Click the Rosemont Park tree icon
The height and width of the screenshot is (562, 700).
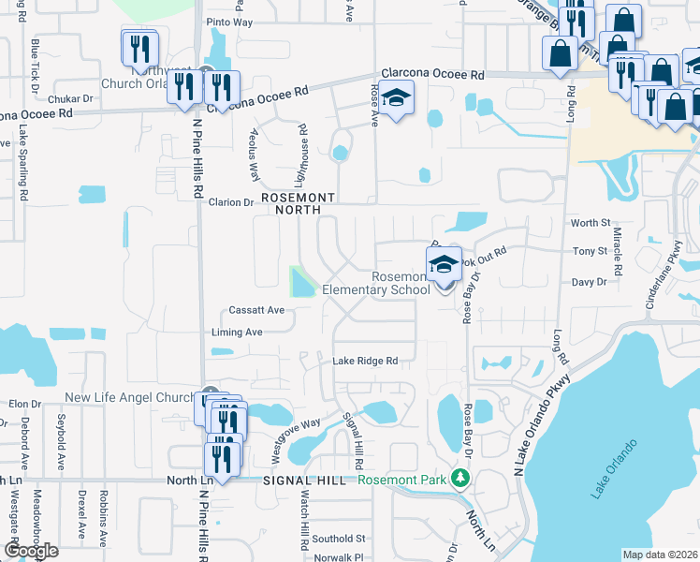459,479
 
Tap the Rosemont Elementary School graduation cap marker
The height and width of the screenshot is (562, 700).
444,263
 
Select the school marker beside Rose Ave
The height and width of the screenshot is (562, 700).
397,98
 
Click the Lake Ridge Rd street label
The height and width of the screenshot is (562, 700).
365,361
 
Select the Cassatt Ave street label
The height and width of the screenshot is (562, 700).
256,310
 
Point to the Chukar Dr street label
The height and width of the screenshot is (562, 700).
74,97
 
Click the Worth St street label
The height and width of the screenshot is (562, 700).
591,223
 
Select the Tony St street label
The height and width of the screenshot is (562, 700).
591,251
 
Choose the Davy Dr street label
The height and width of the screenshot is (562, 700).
589,281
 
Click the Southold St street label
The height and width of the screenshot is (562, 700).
338,539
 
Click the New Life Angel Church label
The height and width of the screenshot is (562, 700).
129,398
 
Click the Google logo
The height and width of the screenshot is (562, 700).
31,551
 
